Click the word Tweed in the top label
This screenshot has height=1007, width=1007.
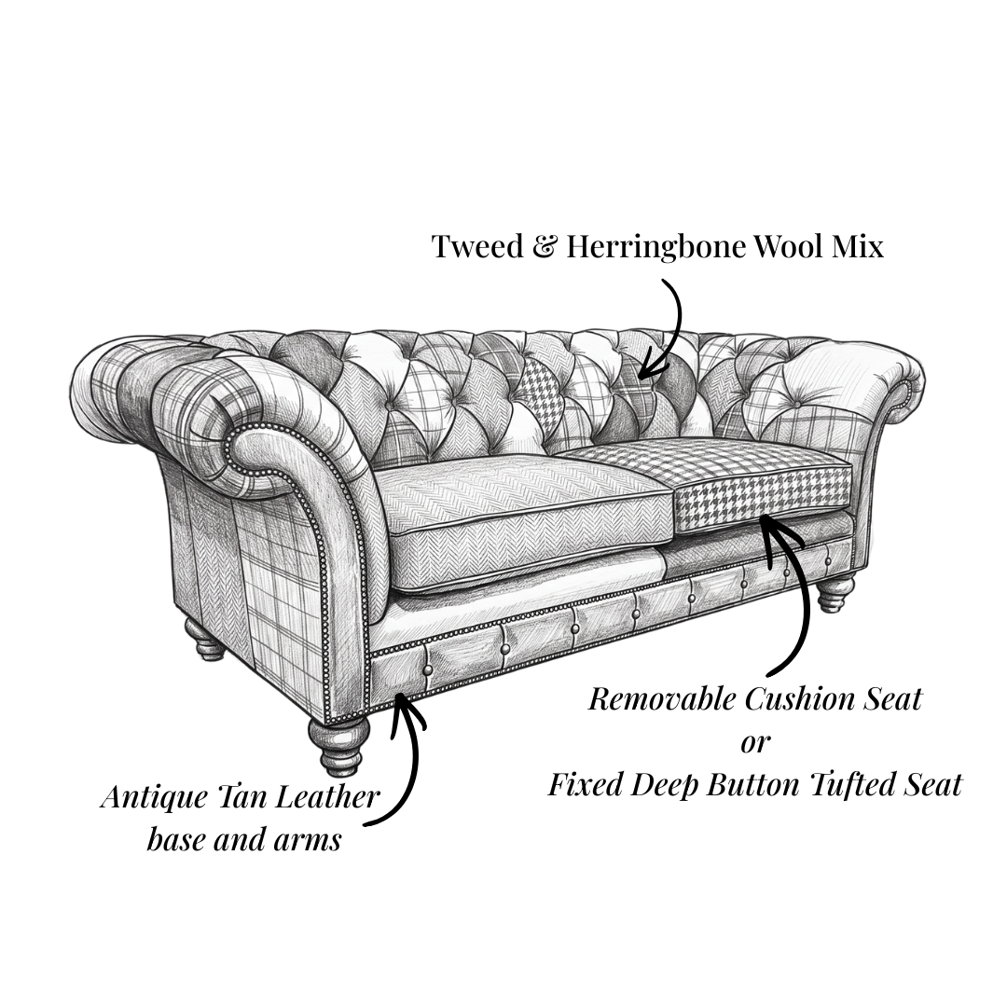[x=477, y=246]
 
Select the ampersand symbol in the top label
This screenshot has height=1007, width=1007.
[x=545, y=246]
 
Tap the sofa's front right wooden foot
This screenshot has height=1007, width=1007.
[x=836, y=594]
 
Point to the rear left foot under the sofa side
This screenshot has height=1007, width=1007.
[x=205, y=639]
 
